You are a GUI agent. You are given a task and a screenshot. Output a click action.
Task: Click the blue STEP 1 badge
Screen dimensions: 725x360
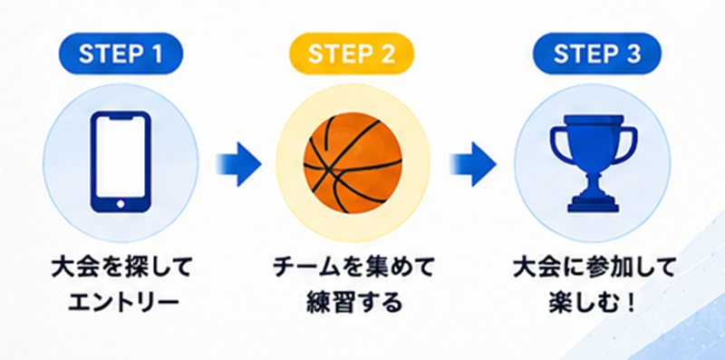tap(121, 54)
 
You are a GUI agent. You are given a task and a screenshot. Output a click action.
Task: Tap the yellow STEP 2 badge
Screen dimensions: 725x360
tap(352, 54)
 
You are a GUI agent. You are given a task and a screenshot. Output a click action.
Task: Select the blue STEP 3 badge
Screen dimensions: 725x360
tap(597, 54)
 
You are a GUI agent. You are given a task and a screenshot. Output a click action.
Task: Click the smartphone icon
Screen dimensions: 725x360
tap(121, 162)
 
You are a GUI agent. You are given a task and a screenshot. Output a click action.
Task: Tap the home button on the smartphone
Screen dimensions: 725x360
tap(121, 204)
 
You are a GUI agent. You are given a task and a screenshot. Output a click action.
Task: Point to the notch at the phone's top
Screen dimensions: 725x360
tap(121, 118)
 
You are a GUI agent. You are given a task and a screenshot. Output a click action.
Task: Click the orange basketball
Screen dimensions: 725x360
tap(353, 163)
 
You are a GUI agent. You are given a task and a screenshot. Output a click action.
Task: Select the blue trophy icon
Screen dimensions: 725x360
tap(594, 163)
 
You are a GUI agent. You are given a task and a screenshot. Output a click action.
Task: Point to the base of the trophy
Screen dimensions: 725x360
tap(594, 204)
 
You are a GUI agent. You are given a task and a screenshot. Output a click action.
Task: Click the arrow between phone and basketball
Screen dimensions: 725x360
tap(238, 164)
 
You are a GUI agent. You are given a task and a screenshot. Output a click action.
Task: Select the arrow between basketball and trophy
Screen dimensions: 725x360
tap(472, 164)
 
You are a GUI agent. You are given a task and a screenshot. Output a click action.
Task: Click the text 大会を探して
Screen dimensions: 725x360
tap(121, 268)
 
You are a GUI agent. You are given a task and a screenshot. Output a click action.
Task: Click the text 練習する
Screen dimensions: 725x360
tap(353, 303)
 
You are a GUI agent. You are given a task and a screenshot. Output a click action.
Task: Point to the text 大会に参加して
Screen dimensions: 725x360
tap(594, 268)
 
